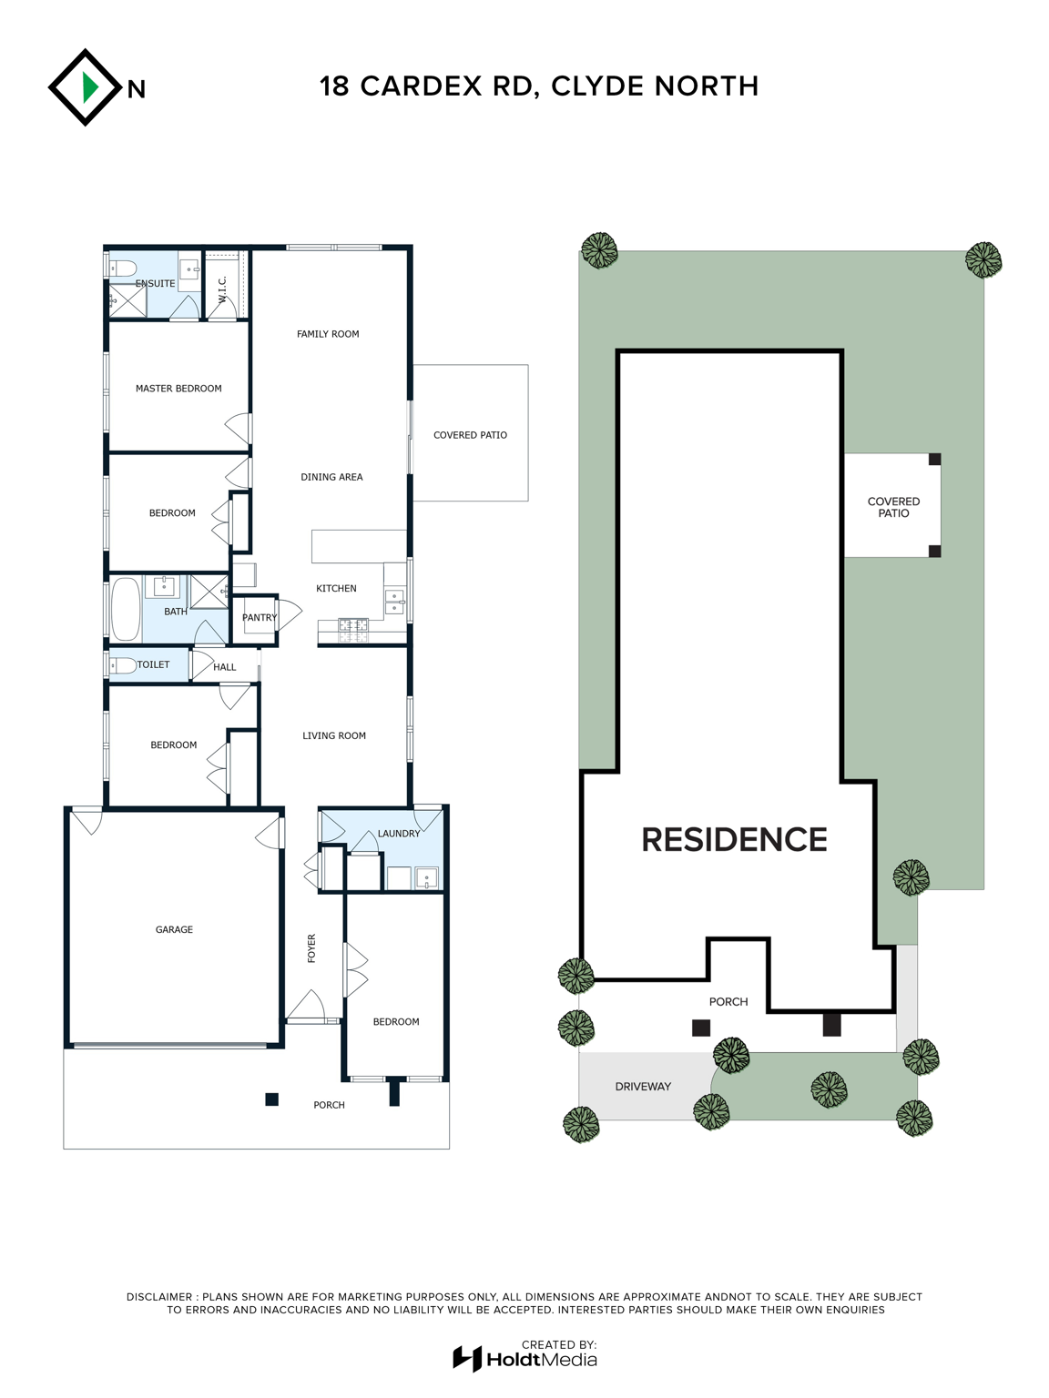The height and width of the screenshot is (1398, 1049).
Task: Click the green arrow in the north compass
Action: (90, 87)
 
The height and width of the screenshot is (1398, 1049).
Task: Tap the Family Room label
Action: (328, 334)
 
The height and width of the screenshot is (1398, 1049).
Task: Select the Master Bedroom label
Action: (178, 389)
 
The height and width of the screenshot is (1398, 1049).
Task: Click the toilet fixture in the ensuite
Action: (122, 268)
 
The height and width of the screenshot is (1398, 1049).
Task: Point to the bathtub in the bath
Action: (126, 609)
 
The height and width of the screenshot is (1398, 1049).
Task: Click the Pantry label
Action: (260, 617)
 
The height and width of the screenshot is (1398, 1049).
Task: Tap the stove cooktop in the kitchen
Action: (352, 630)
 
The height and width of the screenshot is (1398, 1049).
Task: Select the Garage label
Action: (174, 929)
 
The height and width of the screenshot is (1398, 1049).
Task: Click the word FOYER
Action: (311, 947)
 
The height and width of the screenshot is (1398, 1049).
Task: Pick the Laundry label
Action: (399, 833)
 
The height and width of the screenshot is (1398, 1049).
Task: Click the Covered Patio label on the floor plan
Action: (470, 435)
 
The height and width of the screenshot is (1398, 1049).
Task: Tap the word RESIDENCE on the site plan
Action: (734, 839)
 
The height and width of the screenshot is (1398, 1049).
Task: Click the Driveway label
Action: (643, 1086)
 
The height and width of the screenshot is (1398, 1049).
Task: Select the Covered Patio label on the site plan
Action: (893, 507)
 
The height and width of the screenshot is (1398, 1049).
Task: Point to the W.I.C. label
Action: (222, 289)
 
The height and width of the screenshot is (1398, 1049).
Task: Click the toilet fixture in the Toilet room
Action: (123, 665)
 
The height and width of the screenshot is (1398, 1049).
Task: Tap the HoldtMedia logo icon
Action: (467, 1359)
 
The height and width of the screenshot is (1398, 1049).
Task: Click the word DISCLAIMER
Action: (159, 1297)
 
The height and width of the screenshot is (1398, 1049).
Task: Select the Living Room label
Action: (334, 735)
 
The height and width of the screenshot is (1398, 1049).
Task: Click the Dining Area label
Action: (331, 477)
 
